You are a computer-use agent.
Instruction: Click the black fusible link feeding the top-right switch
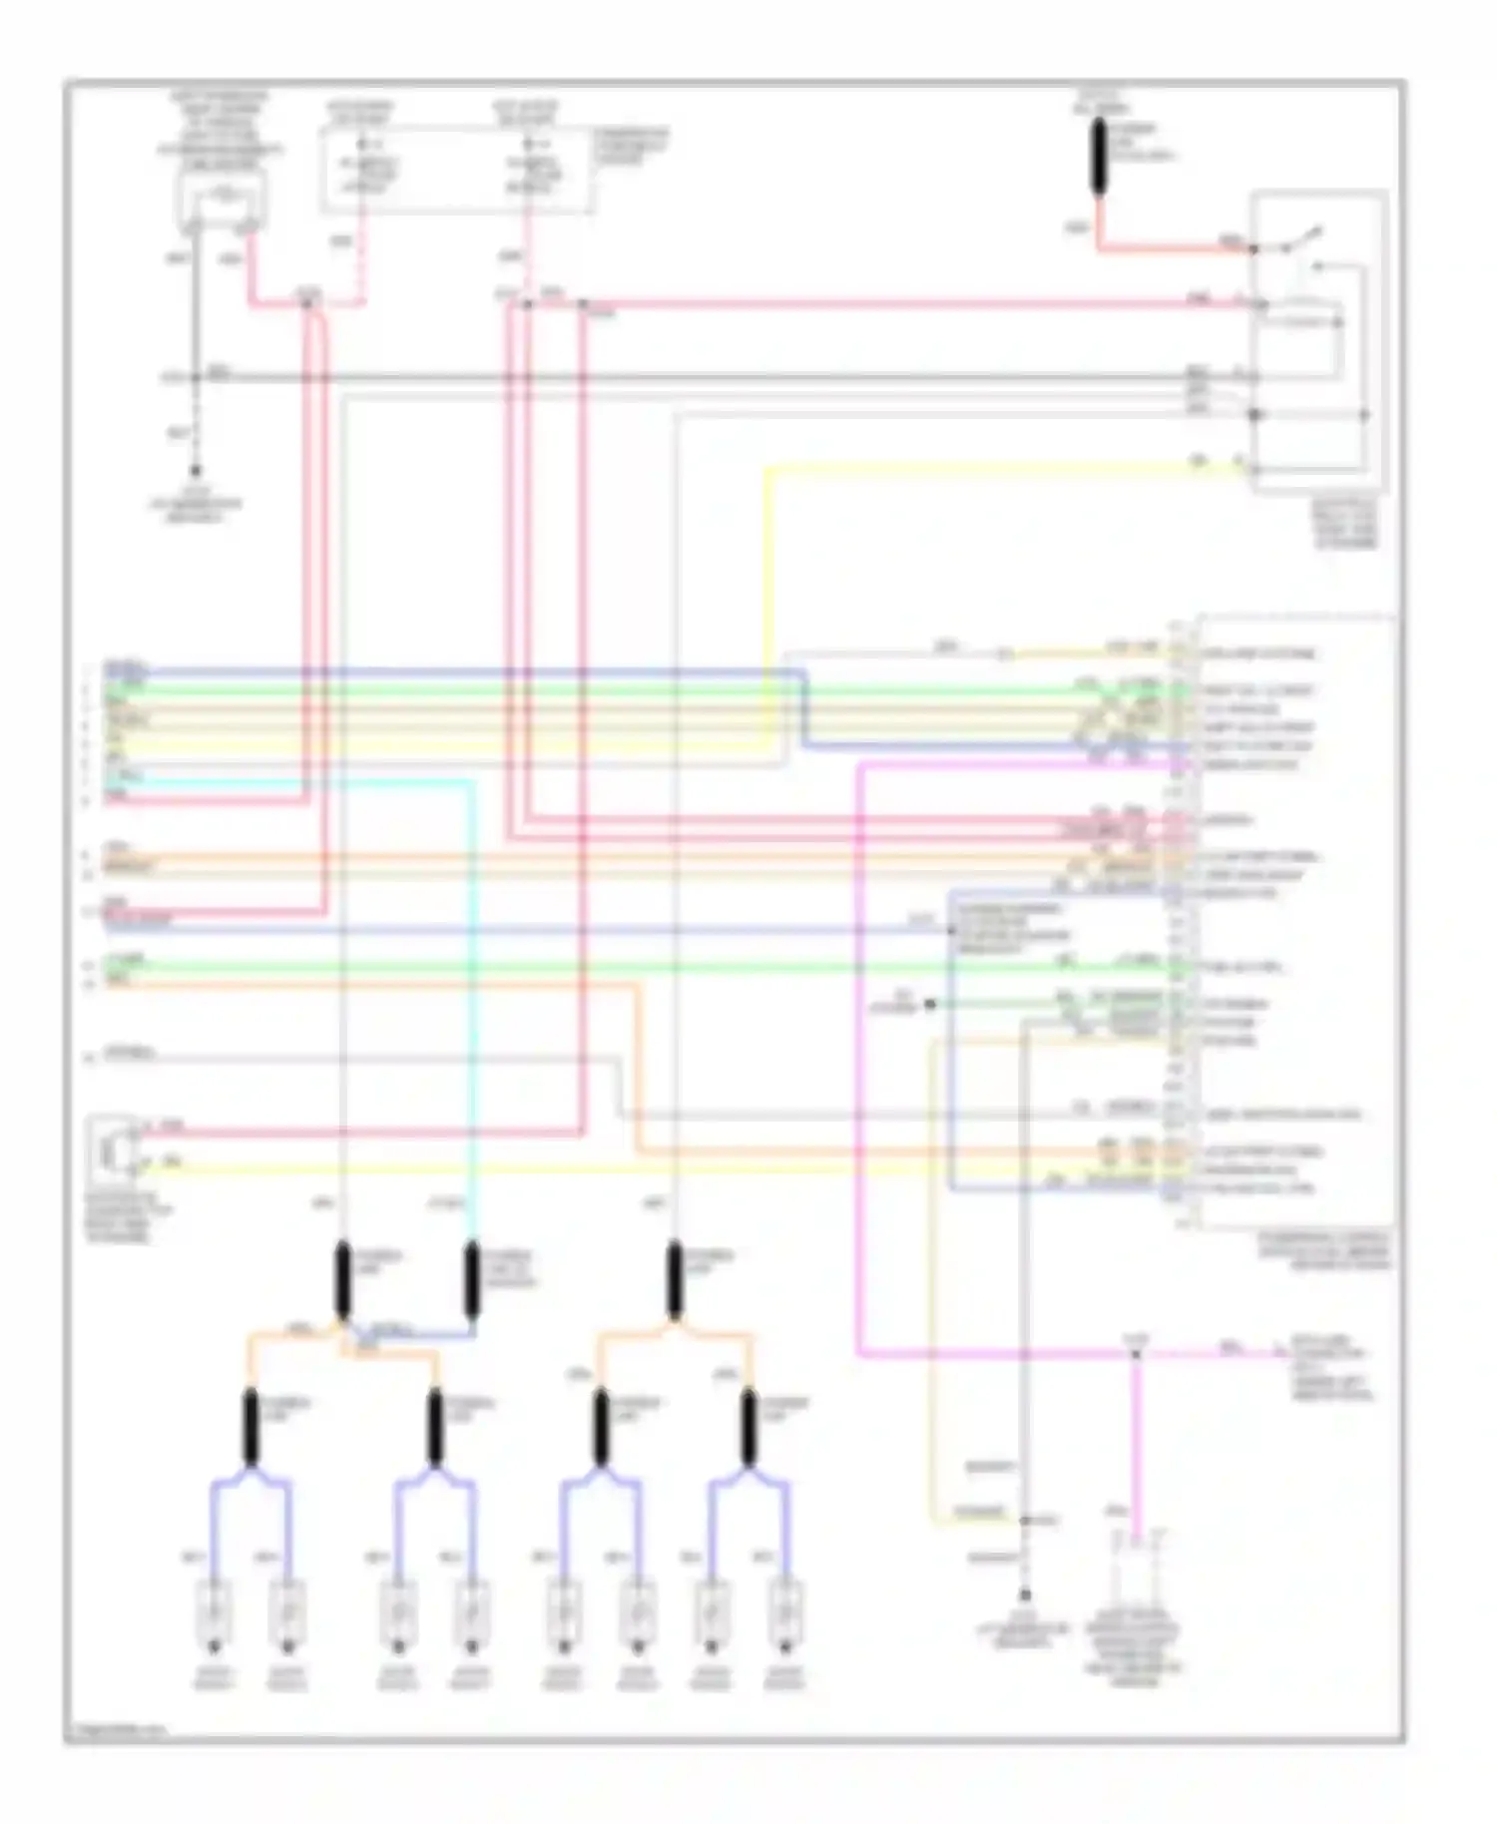1099,157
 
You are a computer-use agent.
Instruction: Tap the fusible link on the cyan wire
471,1280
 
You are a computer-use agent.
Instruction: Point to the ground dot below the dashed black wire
196,470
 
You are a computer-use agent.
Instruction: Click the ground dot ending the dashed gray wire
1024,1596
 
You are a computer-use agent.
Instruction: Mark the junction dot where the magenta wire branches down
1135,1354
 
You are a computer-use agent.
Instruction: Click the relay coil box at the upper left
223,199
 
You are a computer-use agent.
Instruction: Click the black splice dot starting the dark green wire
929,1004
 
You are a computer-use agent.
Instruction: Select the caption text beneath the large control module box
1323,1250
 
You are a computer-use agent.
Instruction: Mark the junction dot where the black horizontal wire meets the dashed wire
196,377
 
